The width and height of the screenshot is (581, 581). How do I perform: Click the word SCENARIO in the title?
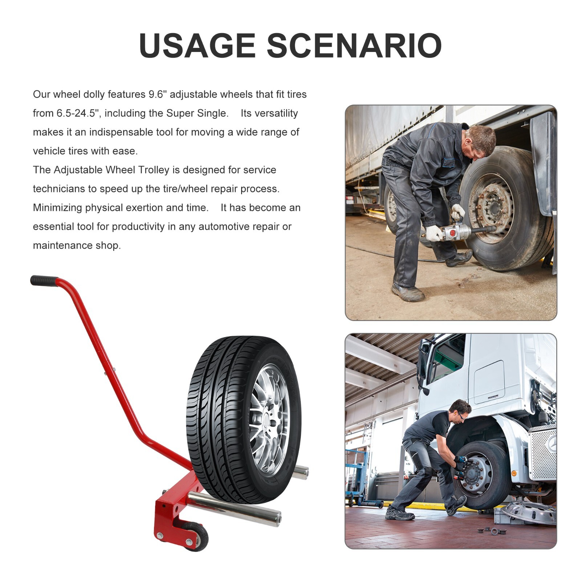click(354, 45)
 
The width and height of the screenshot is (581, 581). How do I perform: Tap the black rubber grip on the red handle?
click(44, 281)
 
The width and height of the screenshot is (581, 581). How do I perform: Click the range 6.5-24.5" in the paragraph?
click(77, 113)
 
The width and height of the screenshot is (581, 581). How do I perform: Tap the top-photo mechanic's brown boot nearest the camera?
click(407, 292)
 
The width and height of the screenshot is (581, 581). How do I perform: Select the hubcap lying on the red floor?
click(531, 511)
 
